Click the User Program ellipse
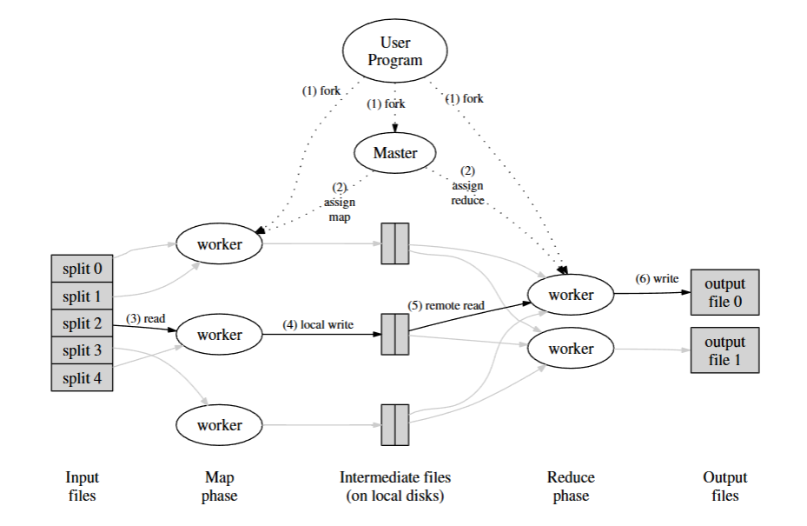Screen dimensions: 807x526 click(394, 50)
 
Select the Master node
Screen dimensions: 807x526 click(394, 152)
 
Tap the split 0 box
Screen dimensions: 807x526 click(82, 269)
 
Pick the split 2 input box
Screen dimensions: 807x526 click(82, 323)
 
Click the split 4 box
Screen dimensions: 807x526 click(82, 377)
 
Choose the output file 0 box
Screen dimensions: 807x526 click(724, 292)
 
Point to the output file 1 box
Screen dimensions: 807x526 click(724, 350)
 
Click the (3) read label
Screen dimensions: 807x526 click(146, 318)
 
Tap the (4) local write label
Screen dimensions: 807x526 click(318, 324)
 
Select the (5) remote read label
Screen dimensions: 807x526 click(446, 305)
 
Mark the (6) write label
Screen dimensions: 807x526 click(657, 279)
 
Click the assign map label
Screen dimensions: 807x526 click(340, 202)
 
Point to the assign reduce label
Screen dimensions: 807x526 click(467, 185)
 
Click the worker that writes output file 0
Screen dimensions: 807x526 click(571, 295)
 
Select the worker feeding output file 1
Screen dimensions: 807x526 click(571, 349)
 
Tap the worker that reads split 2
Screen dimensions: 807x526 click(219, 335)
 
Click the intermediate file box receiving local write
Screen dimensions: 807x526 click(394, 335)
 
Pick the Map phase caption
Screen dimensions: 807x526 click(219, 486)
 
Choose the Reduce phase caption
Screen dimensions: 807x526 click(571, 486)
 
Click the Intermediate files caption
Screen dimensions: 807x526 click(394, 486)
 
